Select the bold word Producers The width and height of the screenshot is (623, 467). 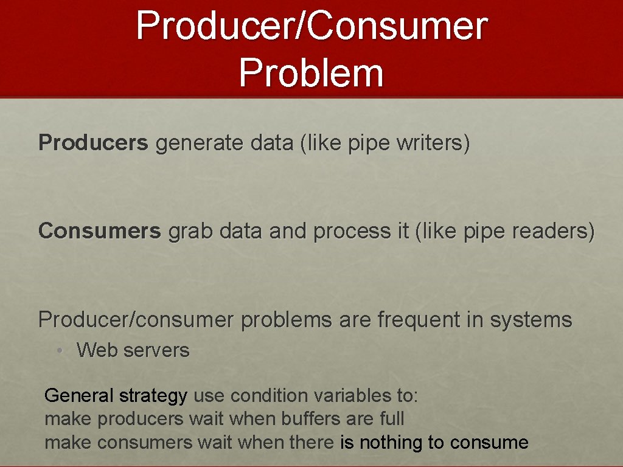pos(93,144)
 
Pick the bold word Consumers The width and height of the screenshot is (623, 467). pos(100,232)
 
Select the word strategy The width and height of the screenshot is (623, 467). pos(153,396)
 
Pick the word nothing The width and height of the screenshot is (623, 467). pos(392,443)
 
